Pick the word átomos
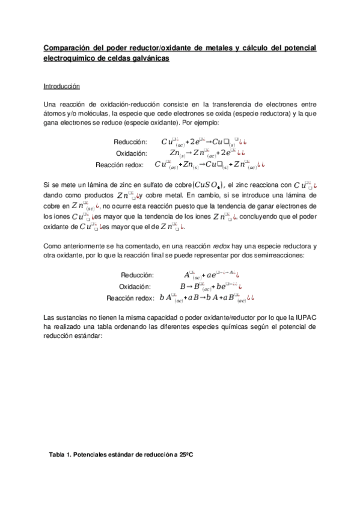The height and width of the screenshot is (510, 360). coord(55,113)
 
